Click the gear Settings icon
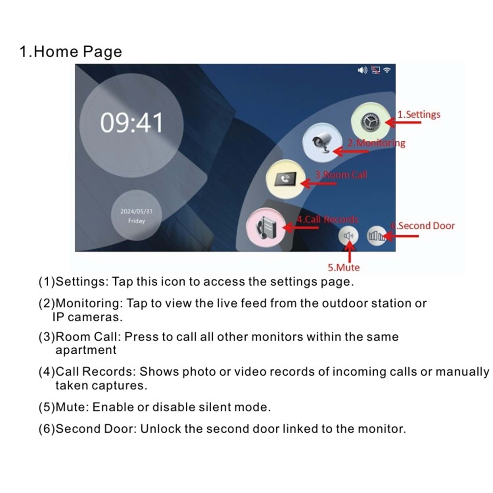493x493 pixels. coord(371,122)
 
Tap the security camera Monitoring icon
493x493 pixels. coord(322,142)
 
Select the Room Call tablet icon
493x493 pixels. coord(286,179)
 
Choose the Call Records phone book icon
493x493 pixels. coord(266,227)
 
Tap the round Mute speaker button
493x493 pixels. coord(349,236)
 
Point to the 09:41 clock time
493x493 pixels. coord(131,123)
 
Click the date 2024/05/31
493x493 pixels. coord(136,211)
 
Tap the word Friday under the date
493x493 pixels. coord(136,221)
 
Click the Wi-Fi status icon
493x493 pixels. coord(387,70)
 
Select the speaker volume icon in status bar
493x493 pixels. coord(363,70)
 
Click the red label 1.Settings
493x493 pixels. coord(419,114)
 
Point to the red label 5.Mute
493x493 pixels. coord(343,268)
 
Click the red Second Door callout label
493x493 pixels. coord(423,226)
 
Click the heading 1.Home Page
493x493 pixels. coord(71,52)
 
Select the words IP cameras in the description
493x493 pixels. coord(87,317)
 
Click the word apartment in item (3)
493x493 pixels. coord(86,350)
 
